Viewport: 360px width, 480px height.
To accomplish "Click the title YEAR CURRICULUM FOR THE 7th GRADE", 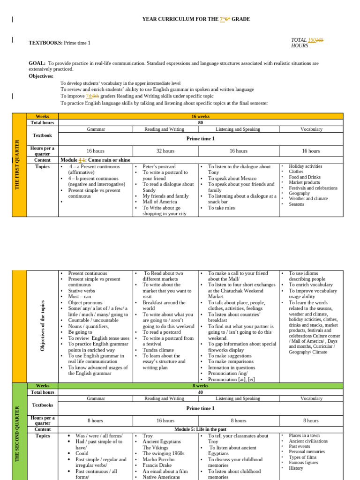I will pos(196,19).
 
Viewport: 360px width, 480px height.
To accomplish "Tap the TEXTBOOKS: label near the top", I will pos(45,43).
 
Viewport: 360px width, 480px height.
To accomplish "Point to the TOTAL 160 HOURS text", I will pos(307,43).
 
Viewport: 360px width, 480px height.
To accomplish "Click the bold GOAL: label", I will pos(37,63).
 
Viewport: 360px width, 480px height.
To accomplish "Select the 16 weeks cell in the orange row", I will pos(201,116).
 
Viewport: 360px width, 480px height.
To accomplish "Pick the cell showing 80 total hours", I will pos(201,122).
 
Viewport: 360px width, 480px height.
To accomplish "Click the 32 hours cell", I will pos(165,151).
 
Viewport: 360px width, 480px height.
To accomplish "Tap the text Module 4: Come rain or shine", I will pos(95,160).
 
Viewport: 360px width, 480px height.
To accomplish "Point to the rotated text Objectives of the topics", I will pos(43,326).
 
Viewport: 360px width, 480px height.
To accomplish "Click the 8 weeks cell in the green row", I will pos(201,386).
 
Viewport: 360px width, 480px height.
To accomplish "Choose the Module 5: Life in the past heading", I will pos(200,429).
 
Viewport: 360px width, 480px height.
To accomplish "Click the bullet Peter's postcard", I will pos(159,166).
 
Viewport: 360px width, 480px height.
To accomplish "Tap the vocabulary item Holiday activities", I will pos(305,166).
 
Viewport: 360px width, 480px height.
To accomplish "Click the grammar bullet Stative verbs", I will pos(82,291).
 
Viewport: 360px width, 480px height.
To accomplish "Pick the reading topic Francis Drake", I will pos(158,465).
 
